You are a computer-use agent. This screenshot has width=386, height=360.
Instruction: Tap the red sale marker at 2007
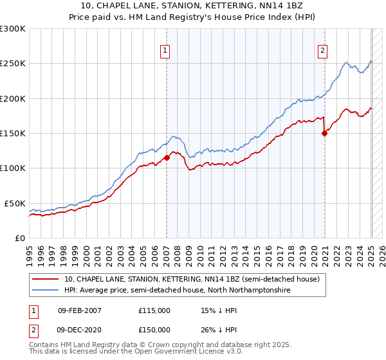click(167, 157)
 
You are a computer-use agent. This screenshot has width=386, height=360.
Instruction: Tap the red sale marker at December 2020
click(324, 134)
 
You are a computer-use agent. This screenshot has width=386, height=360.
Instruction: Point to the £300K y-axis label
click(13, 29)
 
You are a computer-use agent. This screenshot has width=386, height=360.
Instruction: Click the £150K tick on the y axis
click(13, 134)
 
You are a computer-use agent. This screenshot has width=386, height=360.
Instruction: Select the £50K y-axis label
click(15, 203)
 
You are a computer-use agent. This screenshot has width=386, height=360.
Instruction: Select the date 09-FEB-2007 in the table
click(79, 310)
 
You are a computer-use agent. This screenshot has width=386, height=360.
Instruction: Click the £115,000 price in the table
click(154, 310)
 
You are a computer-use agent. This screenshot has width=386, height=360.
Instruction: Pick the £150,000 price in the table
click(154, 329)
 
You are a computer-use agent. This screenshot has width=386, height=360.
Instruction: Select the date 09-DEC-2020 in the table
click(79, 329)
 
